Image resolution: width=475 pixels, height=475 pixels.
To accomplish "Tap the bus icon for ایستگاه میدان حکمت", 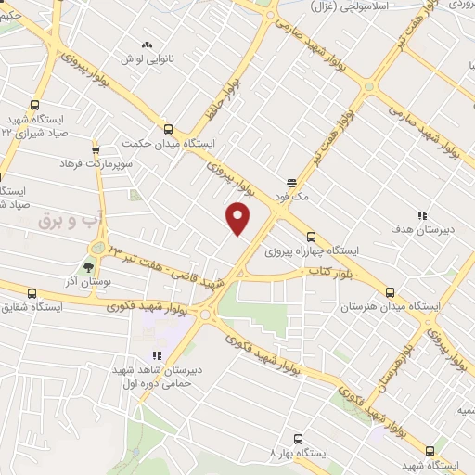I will tap(168, 129).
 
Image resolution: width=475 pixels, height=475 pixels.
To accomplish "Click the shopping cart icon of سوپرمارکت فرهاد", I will tap(95, 149).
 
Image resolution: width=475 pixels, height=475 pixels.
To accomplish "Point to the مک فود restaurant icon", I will tap(291, 182).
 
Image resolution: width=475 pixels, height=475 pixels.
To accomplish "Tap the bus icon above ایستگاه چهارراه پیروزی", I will tap(311, 236).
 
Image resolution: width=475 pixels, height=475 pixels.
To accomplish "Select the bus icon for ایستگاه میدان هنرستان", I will tap(391, 291).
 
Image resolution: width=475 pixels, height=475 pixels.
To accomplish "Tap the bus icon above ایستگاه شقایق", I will tap(34, 291).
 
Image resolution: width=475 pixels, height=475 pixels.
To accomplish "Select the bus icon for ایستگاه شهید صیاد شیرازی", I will tap(34, 105).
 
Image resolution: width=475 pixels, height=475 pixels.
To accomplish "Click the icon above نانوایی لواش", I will tap(146, 45).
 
